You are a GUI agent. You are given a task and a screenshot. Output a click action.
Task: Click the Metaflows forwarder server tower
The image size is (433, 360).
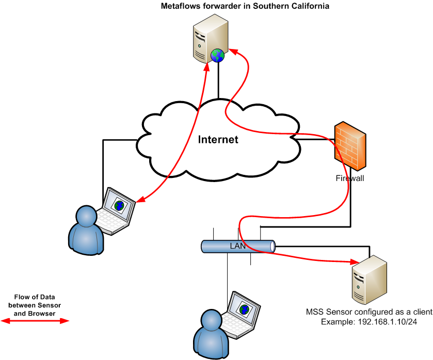(x=209, y=39)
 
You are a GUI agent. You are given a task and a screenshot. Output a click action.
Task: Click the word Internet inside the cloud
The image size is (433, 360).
(x=218, y=139)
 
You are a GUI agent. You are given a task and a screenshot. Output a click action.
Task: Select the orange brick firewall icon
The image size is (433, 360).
(x=350, y=146)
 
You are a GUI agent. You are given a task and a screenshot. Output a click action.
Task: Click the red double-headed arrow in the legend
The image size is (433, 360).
(x=35, y=321)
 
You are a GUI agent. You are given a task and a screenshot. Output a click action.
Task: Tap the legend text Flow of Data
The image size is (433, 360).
(x=36, y=297)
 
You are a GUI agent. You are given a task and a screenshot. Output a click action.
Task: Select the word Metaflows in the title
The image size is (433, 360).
(x=182, y=6)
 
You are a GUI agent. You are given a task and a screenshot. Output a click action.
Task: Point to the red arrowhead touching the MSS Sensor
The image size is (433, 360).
(x=354, y=261)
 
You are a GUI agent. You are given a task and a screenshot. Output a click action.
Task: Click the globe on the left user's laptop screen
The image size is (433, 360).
(x=120, y=205)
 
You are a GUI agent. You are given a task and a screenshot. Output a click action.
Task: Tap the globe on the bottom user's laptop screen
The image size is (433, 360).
(x=244, y=309)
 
